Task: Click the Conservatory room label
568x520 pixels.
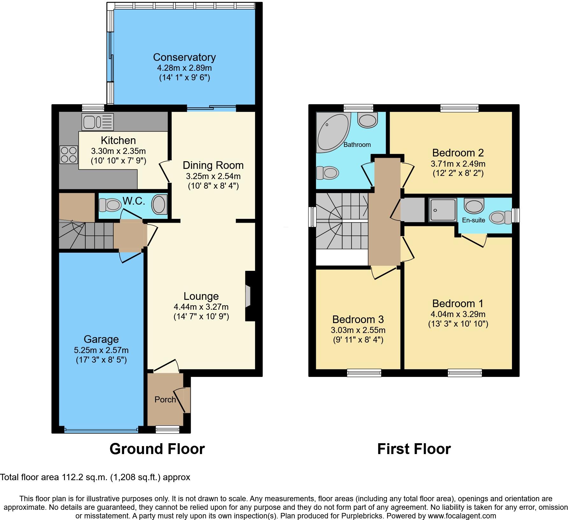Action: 184,57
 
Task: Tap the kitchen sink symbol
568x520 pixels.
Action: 97,122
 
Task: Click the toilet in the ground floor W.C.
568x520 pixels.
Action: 109,205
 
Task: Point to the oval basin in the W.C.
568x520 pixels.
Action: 159,205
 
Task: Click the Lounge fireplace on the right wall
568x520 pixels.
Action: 248,296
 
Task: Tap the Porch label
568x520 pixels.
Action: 165,400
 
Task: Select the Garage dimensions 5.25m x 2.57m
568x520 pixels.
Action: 101,350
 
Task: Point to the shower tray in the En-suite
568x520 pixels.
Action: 443,210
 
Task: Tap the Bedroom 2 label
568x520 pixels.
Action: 458,153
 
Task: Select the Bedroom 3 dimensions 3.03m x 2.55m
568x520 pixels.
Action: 358,330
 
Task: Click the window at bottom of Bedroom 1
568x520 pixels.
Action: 465,372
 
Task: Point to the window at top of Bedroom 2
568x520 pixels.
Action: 459,108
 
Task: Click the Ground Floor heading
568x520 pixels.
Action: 157,449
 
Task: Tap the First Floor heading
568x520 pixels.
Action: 414,449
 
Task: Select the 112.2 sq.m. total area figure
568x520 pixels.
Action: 84,477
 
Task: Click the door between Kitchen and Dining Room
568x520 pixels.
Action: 165,172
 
